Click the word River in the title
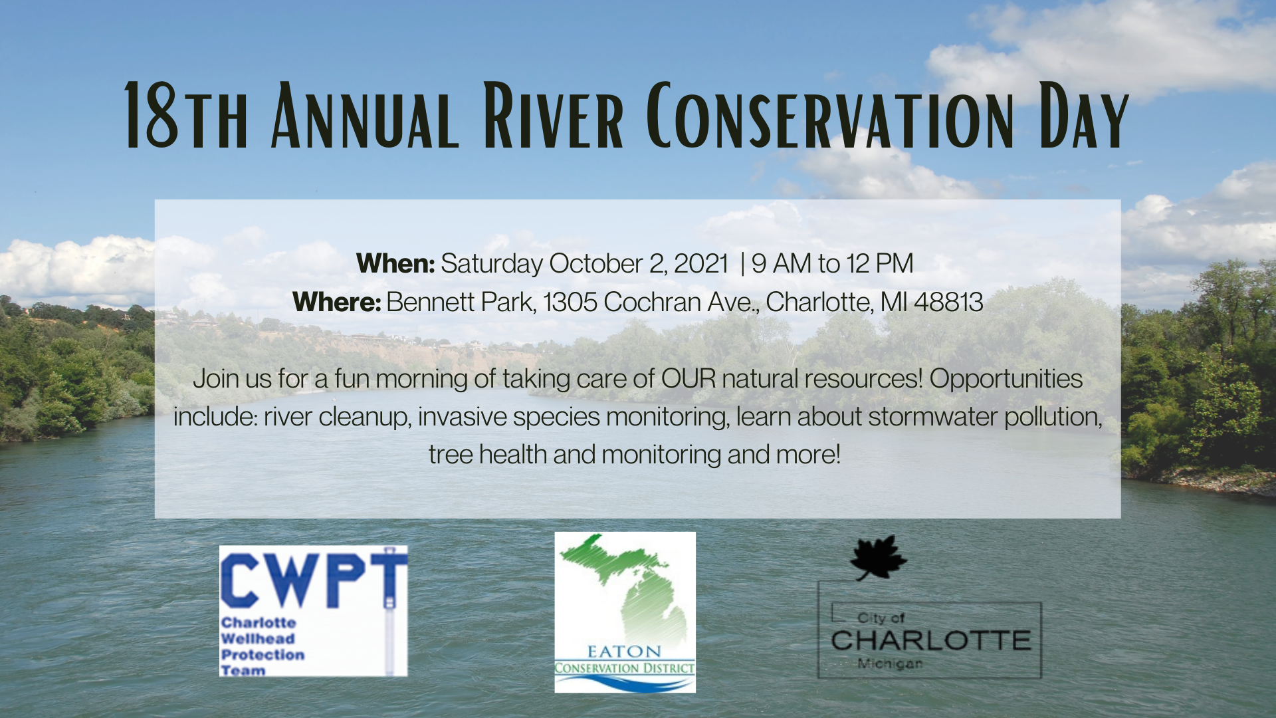553,116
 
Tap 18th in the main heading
186,116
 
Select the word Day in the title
1084,116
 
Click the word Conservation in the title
830,116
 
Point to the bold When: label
395,263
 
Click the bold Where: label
336,302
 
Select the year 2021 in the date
701,263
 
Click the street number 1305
570,302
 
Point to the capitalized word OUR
689,378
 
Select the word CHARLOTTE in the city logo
930,640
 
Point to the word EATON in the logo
624,652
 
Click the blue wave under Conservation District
625,683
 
